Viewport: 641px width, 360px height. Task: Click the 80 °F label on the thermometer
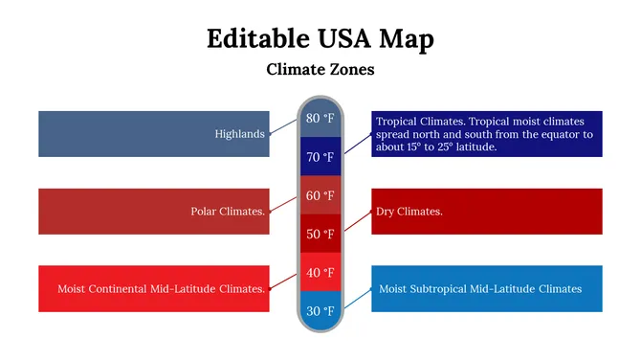320,119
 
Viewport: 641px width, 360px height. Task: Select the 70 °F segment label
320,157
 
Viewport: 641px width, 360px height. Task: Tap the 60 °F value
320,195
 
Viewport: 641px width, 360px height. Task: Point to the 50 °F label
320,235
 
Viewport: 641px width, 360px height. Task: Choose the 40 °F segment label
320,273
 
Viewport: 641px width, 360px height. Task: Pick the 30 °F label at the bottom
320,311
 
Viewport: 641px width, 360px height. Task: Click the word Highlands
239,134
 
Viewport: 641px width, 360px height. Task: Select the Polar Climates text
228,212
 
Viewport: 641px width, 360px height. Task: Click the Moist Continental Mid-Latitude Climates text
161,288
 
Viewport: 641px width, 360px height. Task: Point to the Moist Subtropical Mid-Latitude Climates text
479,288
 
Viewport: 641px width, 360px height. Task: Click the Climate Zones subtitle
320,70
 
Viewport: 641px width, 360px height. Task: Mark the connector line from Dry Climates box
357,221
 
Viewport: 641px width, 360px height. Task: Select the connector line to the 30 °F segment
357,299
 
